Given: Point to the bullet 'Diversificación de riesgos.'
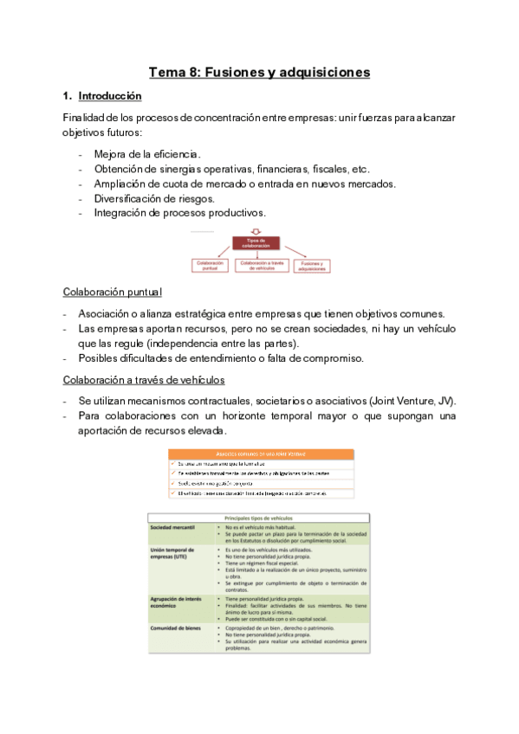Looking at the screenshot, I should [148, 197].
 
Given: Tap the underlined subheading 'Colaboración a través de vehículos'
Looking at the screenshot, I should [144, 379].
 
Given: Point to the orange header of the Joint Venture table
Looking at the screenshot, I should [260, 454].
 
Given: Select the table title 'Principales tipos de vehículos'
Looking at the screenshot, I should [260, 518].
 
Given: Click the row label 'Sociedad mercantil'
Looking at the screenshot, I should [172, 527].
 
